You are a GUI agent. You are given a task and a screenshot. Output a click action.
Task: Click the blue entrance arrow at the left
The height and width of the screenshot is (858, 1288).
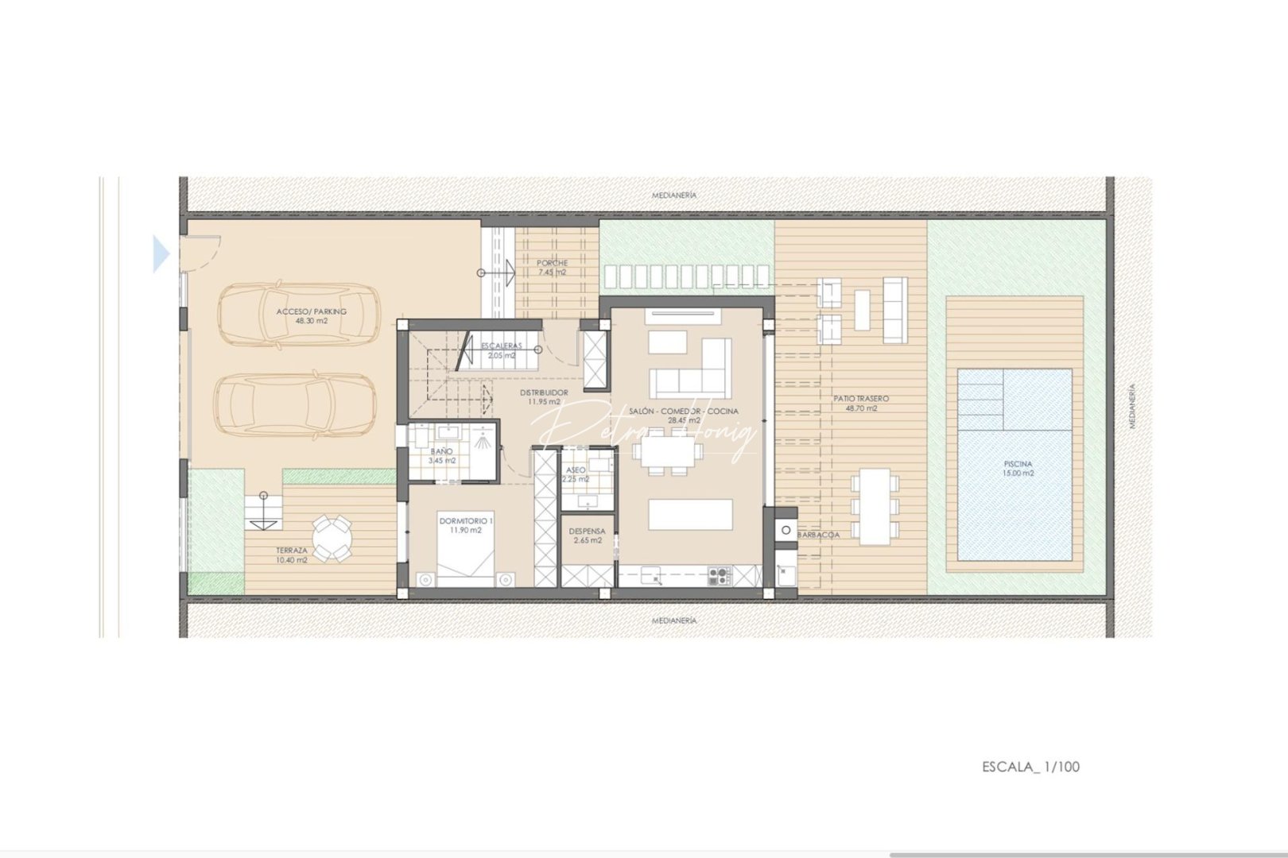[x=161, y=254]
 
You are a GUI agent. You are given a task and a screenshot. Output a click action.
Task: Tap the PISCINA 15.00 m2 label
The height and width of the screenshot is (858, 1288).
[x=1018, y=468]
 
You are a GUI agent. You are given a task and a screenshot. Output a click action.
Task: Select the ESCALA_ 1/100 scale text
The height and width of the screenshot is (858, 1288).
[x=1030, y=767]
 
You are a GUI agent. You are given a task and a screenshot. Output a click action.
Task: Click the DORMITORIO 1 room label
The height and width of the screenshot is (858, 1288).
[x=466, y=525]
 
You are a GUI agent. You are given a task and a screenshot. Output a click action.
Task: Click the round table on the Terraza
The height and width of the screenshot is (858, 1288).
[x=332, y=538]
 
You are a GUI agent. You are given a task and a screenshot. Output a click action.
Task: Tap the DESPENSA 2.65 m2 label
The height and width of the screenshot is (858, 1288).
[x=587, y=535]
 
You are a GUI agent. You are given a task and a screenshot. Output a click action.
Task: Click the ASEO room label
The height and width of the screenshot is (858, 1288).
[x=576, y=474]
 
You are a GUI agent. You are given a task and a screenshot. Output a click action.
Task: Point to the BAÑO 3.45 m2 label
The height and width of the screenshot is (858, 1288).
[x=442, y=455]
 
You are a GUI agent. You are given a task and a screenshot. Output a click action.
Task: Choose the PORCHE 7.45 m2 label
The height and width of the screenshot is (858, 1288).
[x=552, y=267]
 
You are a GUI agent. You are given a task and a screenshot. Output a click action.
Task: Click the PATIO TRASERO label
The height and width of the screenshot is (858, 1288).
[x=861, y=403]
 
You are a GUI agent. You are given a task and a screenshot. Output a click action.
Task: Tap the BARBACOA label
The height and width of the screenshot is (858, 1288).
[x=818, y=535]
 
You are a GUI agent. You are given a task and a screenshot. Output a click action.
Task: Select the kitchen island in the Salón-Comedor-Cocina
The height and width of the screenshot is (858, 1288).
[x=690, y=514]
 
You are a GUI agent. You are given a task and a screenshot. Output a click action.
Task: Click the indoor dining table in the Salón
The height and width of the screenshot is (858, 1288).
[x=667, y=453]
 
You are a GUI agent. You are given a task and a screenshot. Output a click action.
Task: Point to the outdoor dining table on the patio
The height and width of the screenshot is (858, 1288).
[x=875, y=506]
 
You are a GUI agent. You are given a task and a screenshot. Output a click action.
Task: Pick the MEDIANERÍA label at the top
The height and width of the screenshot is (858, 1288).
[x=674, y=195]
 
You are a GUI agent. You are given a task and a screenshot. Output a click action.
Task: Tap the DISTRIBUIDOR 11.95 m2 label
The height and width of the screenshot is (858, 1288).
[x=544, y=396]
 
